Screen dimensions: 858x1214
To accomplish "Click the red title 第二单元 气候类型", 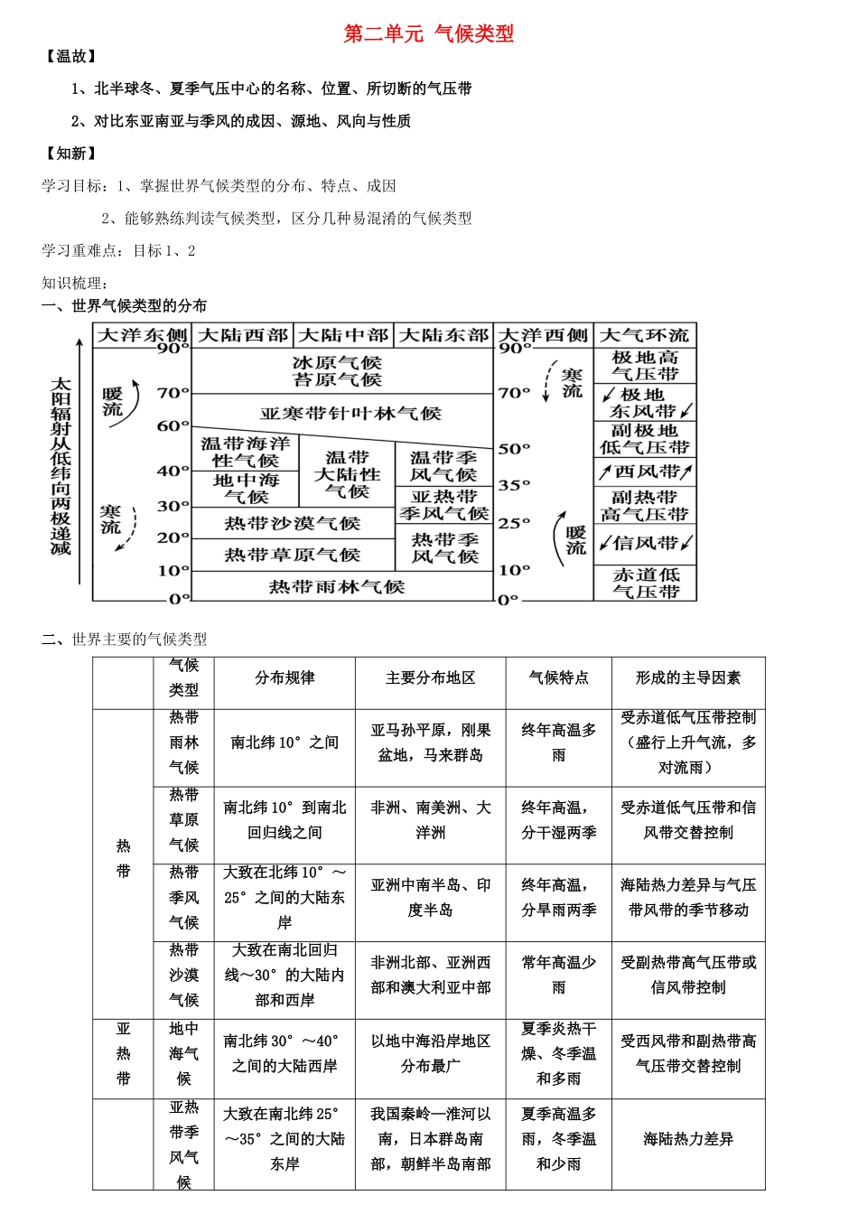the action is [x=428, y=34].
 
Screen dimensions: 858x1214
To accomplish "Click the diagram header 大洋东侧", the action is [x=142, y=335].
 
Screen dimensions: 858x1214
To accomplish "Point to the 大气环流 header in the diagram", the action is [x=645, y=335].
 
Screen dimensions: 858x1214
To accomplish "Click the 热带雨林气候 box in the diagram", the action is [x=336, y=587].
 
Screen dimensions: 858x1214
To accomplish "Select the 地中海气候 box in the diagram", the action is [x=246, y=488].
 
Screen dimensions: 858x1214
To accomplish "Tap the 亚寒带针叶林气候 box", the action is [x=350, y=414].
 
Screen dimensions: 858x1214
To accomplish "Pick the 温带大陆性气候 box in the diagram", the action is [x=347, y=474].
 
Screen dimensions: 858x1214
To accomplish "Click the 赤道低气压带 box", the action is [x=645, y=583].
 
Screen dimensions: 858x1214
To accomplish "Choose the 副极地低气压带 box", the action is [x=645, y=439].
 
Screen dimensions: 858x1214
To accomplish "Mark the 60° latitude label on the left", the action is [x=173, y=425].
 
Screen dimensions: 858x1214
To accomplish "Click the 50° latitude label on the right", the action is [x=514, y=449].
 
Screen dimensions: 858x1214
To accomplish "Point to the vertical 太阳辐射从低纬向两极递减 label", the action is [x=61, y=465].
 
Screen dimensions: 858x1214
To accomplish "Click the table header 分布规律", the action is [x=284, y=677].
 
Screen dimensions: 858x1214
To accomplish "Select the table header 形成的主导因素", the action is [x=687, y=677].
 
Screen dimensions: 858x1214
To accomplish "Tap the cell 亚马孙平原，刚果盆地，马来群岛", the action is [x=430, y=742].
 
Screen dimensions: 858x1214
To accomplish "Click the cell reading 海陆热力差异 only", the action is [x=687, y=1139].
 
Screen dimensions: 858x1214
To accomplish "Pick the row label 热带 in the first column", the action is [x=124, y=858].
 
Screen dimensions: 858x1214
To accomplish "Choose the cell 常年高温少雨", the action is [x=558, y=975].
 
